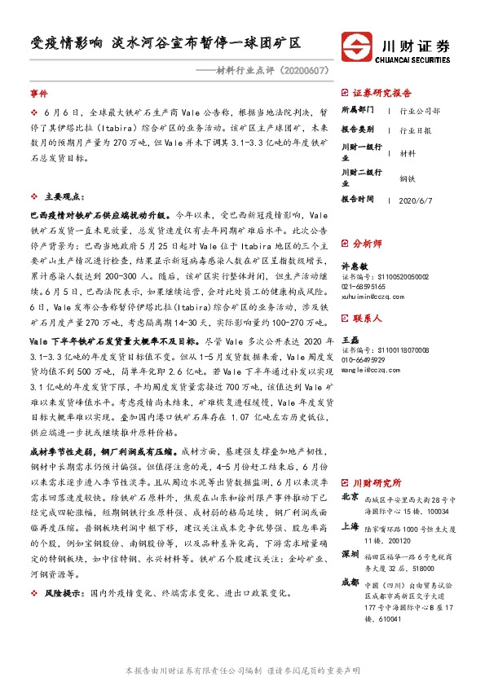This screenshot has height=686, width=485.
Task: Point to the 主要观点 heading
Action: [x=63, y=196]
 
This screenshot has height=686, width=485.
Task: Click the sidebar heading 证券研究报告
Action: [x=381, y=93]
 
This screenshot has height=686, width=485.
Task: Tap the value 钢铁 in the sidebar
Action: [x=408, y=178]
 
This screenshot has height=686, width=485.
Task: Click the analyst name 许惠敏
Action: [x=355, y=266]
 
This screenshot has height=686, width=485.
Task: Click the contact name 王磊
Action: [x=350, y=339]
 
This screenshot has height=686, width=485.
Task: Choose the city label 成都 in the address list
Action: [x=349, y=582]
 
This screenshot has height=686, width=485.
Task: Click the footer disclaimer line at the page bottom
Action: [x=242, y=670]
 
